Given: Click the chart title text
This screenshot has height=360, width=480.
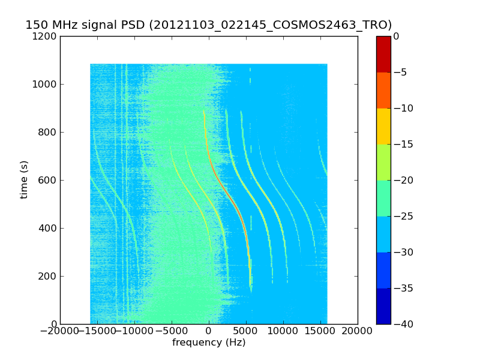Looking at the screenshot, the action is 208,25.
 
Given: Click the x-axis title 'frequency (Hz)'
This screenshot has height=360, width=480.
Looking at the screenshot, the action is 209,342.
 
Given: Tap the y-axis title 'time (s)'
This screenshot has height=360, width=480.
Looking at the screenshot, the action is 23,180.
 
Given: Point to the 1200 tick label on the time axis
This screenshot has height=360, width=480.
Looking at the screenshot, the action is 44,37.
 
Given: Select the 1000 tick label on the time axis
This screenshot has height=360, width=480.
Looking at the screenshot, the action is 44,84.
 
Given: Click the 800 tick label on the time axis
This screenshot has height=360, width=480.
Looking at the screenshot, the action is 47,132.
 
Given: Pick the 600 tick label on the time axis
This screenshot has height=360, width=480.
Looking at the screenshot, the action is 47,181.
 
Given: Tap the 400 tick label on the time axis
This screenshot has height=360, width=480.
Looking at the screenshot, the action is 47,228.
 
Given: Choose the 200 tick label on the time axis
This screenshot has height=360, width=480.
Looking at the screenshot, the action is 47,276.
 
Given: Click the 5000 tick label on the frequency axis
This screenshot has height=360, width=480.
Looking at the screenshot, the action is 246,331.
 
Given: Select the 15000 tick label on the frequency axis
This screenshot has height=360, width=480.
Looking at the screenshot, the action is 320,331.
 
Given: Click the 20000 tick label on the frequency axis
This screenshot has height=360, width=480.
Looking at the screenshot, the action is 357,331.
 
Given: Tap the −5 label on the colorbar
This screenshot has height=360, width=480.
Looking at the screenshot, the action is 400,72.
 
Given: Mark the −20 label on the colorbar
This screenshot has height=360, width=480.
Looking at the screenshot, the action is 403,181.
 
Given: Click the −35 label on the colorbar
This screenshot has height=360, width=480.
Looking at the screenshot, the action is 403,288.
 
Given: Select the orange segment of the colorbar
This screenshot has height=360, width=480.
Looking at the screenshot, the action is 383,91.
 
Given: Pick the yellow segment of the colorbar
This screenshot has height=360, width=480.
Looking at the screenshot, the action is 383,127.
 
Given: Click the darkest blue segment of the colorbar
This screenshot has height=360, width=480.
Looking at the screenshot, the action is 383,306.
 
